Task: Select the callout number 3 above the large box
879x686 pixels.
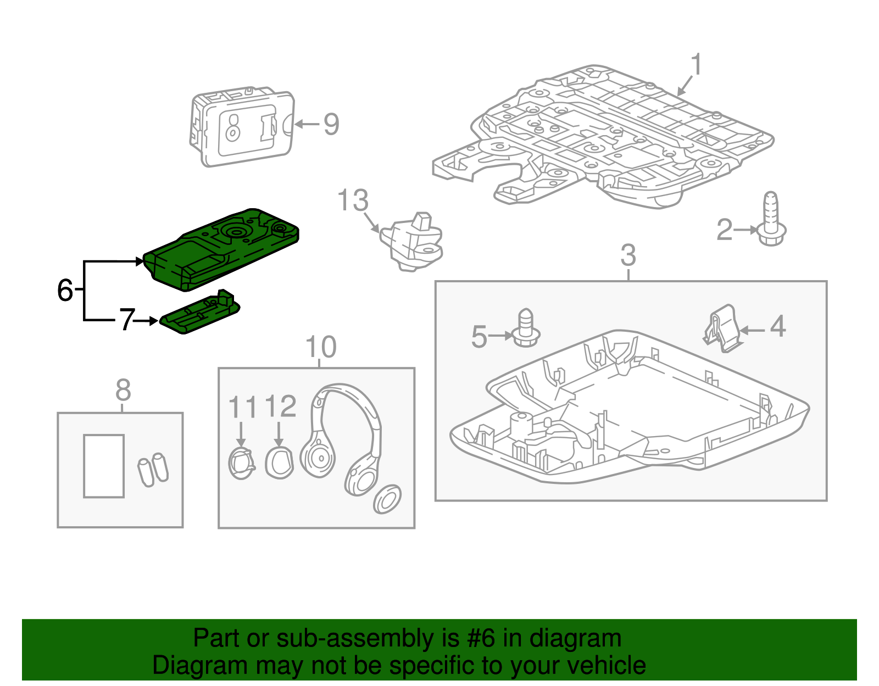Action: click(628, 255)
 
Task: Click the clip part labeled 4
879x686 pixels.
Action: click(722, 328)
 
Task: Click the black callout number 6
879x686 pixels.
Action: click(65, 290)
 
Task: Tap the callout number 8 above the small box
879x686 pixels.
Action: click(123, 391)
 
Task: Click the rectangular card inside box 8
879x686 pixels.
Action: click(104, 466)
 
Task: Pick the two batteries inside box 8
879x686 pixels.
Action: click(153, 469)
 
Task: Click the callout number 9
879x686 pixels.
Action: click(331, 124)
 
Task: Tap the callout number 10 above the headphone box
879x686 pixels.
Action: click(320, 347)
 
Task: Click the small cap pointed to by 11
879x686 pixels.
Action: click(241, 463)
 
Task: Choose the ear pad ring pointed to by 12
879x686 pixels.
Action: click(279, 462)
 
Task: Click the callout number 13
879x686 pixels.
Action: click(353, 200)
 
